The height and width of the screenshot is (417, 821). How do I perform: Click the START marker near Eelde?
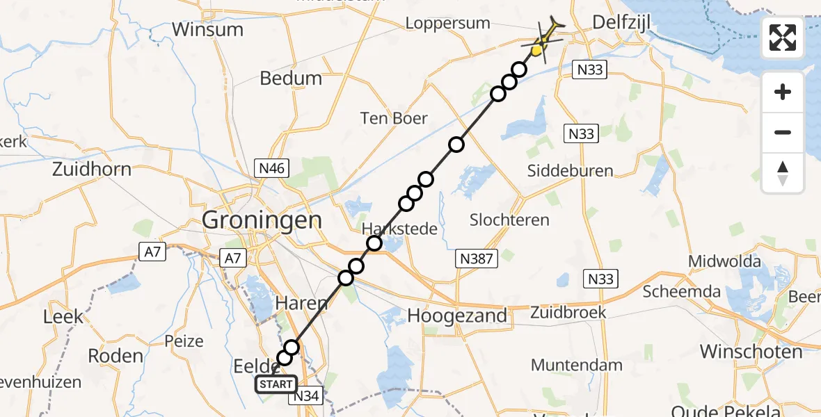coord(276,384)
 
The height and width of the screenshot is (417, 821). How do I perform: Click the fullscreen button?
coord(783,38)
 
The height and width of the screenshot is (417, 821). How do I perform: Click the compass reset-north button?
coord(783,174)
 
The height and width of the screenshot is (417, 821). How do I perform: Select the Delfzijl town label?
coord(621,24)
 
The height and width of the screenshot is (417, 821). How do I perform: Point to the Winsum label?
coord(207,30)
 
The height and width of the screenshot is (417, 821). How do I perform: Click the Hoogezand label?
coord(456,315)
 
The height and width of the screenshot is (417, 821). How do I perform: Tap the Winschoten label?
coord(751,351)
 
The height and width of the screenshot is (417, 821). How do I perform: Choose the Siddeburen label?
coord(571,170)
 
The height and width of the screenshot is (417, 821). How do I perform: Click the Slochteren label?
coord(509,220)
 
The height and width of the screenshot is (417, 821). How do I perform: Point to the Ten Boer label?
coord(394,118)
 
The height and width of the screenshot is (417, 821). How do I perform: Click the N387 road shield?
coord(477,259)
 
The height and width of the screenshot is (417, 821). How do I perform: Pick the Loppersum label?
coord(448,24)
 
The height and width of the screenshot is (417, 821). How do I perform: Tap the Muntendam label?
coord(577,365)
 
